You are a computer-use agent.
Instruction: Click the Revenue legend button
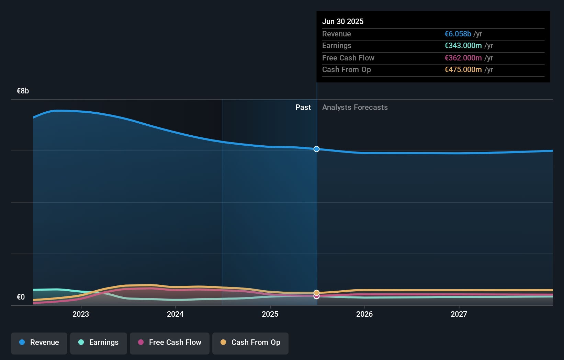tap(39, 342)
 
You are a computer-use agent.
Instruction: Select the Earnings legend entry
tap(99, 342)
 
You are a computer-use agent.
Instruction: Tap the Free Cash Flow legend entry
tap(170, 342)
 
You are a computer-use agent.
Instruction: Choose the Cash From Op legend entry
tap(250, 342)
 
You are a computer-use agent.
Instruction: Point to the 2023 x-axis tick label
tap(81, 314)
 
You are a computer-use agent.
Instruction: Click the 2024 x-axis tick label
tap(175, 314)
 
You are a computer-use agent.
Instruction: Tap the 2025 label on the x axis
tap(270, 314)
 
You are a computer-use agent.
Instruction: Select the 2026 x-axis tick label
tap(364, 314)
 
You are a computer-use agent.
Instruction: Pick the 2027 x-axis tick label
tap(459, 314)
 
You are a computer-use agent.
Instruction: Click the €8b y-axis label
tap(23, 91)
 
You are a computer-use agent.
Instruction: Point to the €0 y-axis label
tap(21, 297)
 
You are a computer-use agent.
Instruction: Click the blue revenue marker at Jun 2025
tap(316, 149)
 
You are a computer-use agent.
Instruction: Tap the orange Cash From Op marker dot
tap(316, 293)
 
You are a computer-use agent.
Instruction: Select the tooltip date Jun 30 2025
tap(343, 21)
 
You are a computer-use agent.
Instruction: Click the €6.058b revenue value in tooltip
tap(458, 34)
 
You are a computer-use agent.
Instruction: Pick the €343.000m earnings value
tap(463, 46)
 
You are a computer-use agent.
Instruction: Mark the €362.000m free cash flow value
tap(463, 58)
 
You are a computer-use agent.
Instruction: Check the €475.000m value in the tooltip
tap(463, 70)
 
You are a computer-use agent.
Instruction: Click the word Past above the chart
tap(303, 108)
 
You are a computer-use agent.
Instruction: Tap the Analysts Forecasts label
tap(355, 108)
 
